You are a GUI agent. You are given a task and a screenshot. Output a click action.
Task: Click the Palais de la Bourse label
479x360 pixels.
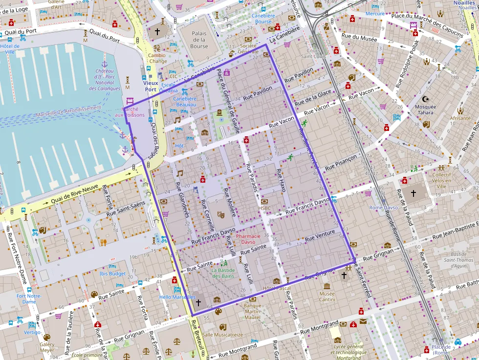point(199,40)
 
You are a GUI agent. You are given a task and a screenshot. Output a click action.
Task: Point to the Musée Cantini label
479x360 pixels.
point(327,296)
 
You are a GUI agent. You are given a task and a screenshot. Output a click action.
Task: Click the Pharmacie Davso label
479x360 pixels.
point(249,239)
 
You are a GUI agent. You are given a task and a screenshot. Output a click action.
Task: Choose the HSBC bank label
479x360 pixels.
point(264,208)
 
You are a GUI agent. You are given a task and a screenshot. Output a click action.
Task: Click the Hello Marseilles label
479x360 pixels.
point(177,297)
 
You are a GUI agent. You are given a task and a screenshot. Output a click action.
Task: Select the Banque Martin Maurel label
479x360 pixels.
point(252,312)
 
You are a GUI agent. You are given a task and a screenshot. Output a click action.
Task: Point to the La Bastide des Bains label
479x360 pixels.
point(223,273)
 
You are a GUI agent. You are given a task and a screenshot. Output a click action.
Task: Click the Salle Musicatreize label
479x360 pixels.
point(222,335)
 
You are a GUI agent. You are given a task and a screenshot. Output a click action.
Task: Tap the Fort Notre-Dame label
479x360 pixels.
point(29,298)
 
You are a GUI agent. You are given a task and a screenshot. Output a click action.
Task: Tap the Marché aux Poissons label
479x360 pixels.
point(130,112)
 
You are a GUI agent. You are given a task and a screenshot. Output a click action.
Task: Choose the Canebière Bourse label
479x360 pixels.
point(263,19)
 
